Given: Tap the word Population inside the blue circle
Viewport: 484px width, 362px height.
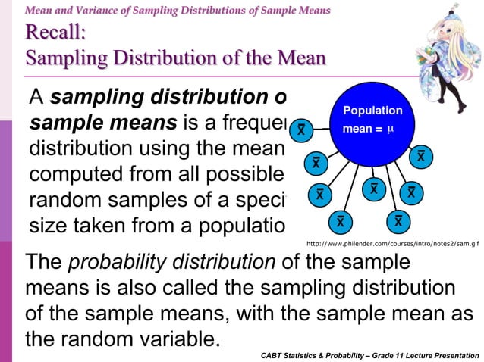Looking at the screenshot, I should [372, 111].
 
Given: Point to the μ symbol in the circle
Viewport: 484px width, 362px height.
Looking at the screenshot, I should [391, 129].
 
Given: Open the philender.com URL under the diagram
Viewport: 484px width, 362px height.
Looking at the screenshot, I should [393, 245].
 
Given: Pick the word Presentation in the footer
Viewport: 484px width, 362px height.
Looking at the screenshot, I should [454, 354].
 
